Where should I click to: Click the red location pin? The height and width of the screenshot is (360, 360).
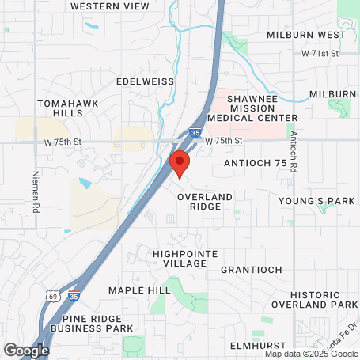180,164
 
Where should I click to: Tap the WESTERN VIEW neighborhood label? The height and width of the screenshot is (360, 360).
109,6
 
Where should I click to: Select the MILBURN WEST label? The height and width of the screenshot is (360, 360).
306,36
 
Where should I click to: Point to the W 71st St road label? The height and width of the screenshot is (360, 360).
320,53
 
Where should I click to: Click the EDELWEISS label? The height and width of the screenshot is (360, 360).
143,81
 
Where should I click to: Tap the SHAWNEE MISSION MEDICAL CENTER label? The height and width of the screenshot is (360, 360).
251,108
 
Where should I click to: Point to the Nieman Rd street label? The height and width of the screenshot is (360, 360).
36,192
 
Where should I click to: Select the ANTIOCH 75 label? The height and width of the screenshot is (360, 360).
256,162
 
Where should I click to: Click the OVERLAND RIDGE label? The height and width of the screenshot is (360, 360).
205,201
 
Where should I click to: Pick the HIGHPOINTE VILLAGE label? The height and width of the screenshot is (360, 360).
180,259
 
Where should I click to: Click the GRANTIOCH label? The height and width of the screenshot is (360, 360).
252,270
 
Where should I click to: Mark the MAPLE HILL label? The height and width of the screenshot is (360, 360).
139,290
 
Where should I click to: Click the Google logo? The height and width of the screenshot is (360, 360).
26,349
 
